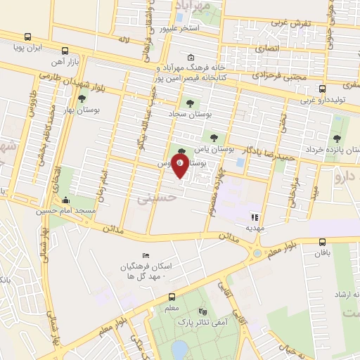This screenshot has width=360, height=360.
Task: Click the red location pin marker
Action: click(x=181, y=165)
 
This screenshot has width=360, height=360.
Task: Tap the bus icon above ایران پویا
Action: click(x=27, y=37)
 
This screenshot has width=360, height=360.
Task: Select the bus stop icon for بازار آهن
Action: click(x=65, y=51)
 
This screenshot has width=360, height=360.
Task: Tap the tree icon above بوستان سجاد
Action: click(x=188, y=103)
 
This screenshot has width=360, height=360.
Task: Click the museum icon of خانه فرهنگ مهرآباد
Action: click(x=191, y=58)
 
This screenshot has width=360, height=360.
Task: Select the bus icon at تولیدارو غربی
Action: click(x=322, y=89)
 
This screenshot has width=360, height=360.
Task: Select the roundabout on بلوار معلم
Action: click(x=257, y=252)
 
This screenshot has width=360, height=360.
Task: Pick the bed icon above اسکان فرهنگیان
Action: click(x=146, y=255)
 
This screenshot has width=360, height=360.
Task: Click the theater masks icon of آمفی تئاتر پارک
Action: click(x=203, y=311)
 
